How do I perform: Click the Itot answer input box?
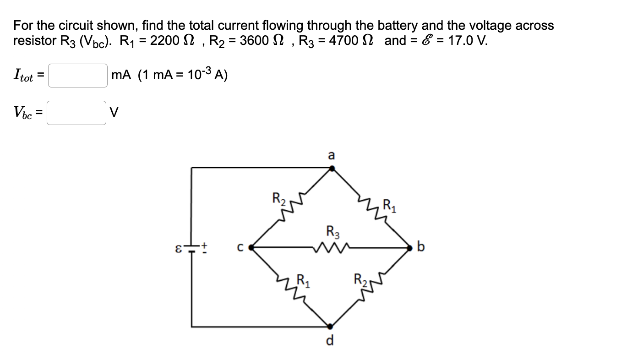[78, 76]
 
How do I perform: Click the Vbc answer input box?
[76, 113]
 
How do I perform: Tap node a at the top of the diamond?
[332, 168]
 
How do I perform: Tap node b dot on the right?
[411, 248]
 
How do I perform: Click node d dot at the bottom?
[330, 326]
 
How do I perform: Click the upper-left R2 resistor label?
[278, 199]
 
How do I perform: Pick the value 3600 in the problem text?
[252, 40]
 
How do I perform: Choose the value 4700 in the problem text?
[342, 40]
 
